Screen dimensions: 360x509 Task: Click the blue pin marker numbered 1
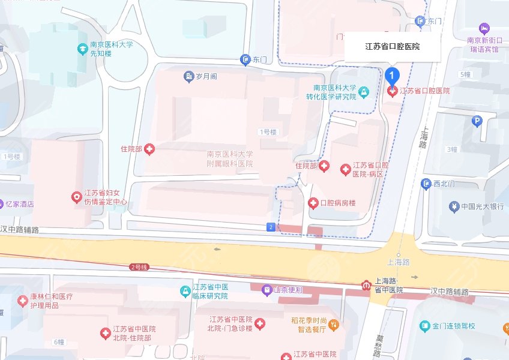pyautogui.click(x=393, y=76)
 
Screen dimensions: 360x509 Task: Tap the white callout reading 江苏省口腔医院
pyautogui.click(x=393, y=46)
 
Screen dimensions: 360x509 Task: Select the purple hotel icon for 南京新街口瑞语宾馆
pyautogui.click(x=484, y=28)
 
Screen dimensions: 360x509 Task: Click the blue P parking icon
pyautogui.click(x=478, y=121)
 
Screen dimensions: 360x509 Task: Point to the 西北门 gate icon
pyautogui.click(x=426, y=184)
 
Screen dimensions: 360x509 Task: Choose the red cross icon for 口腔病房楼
pyautogui.click(x=313, y=203)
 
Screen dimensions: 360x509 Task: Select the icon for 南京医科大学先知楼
pyautogui.click(x=83, y=48)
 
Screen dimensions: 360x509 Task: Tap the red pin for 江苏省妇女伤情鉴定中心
pyautogui.click(x=76, y=197)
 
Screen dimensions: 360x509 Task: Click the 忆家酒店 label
pyautogui.click(x=20, y=204)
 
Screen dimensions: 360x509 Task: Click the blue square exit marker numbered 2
pyautogui.click(x=271, y=227)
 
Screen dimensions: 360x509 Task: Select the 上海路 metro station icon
pyautogui.click(x=366, y=285)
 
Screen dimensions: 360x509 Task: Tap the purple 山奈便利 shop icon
pyautogui.click(x=267, y=290)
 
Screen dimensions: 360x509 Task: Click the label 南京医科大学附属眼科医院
pyautogui.click(x=229, y=158)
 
